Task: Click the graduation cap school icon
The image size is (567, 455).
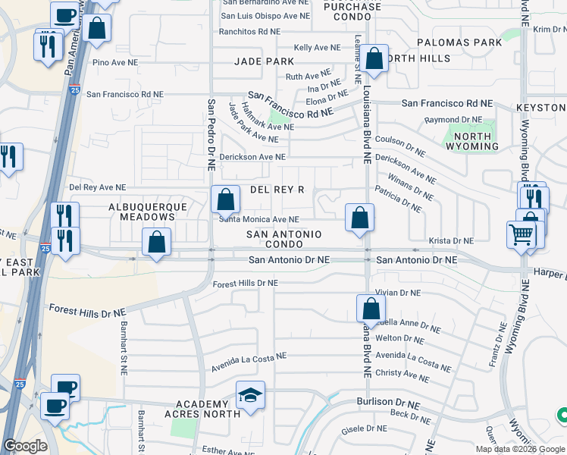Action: pos(250,396)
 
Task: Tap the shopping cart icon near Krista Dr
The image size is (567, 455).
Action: pos(521,235)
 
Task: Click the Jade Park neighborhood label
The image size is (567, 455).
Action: pos(264,61)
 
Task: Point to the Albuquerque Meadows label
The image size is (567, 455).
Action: pos(142,212)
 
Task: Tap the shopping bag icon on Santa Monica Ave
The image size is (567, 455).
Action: pos(225,201)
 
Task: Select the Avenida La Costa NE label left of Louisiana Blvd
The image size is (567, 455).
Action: pos(238,356)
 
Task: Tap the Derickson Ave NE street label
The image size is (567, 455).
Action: pos(252,156)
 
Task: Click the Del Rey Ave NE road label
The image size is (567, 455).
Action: pos(97,187)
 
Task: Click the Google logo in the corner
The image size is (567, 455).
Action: pos(25,446)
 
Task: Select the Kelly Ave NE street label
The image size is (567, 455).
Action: pos(317,48)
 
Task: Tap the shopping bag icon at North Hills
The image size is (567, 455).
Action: pos(374,58)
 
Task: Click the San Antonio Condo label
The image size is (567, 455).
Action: pos(284,239)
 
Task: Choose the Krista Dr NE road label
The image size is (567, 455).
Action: pos(451,240)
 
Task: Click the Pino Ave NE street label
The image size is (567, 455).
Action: pos(116,63)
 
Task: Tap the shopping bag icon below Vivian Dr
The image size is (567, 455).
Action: pos(371,309)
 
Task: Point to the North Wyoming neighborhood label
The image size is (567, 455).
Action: pos(471,140)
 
